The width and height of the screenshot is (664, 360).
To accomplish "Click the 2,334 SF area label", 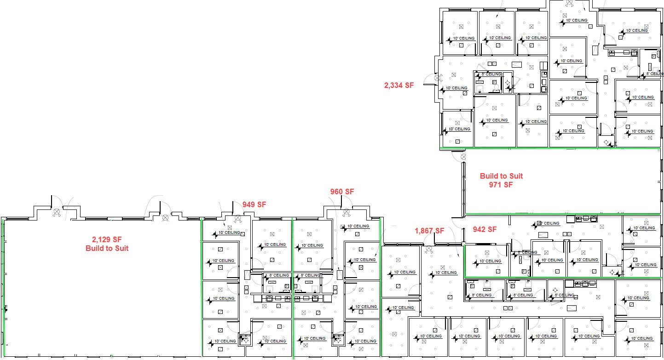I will click(399, 85).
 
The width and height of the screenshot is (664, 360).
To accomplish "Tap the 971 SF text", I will click(501, 185).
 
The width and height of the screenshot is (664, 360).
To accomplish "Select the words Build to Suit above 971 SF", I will click(501, 176).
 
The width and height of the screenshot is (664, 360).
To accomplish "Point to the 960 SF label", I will click(342, 192).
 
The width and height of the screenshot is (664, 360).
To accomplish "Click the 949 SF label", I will click(254, 204).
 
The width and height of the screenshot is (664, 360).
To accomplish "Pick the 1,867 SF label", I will click(429, 231).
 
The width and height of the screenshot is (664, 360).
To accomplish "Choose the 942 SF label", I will click(485, 229).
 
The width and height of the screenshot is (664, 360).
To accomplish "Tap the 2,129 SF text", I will click(107, 239).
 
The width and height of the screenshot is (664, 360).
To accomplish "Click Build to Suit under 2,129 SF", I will click(107, 248).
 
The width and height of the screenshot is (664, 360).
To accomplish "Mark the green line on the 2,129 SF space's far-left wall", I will click(4, 285).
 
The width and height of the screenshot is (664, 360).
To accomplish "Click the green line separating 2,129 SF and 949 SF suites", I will click(202, 285).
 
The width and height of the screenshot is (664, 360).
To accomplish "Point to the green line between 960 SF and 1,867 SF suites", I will click(380, 249).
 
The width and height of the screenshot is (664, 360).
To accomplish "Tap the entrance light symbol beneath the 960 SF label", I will click(346, 212).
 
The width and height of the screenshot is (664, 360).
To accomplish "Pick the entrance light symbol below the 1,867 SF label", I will click(429, 249).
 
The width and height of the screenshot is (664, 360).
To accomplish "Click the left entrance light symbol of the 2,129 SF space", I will click(57, 212).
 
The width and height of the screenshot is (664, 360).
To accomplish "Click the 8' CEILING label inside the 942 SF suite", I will click(527, 252).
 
